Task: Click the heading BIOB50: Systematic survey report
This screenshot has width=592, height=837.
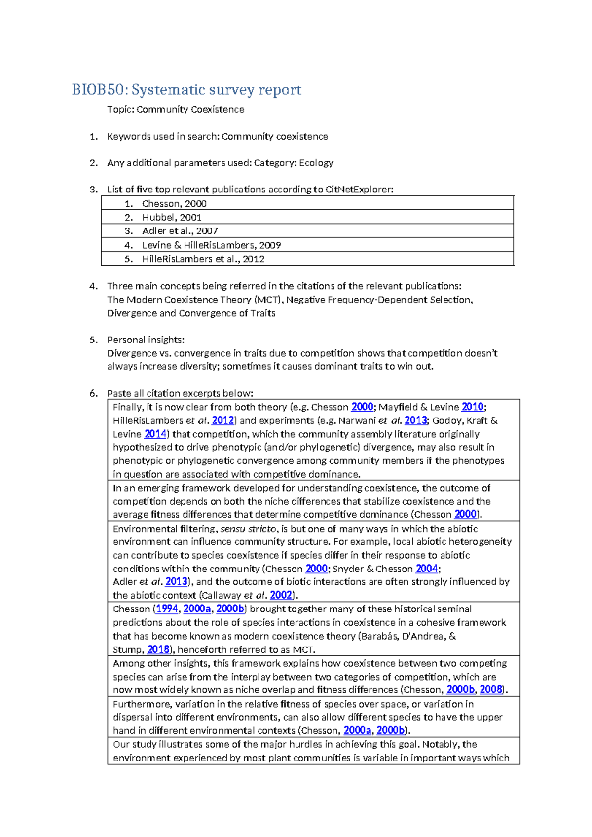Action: (x=186, y=90)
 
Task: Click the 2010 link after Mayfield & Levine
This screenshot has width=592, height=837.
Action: (x=472, y=407)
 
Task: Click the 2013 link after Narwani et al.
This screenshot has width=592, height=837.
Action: (x=415, y=420)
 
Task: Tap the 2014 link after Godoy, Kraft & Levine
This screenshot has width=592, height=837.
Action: (x=155, y=434)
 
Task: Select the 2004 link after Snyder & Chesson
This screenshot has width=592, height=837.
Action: (x=426, y=569)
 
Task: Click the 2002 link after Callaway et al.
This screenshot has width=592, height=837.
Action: (x=281, y=595)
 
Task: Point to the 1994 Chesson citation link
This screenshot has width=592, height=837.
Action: (x=167, y=609)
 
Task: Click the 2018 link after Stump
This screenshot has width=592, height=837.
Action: (x=158, y=649)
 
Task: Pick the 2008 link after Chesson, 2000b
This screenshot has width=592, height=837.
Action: (x=490, y=690)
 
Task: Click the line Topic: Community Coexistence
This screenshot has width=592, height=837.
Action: (x=176, y=109)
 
